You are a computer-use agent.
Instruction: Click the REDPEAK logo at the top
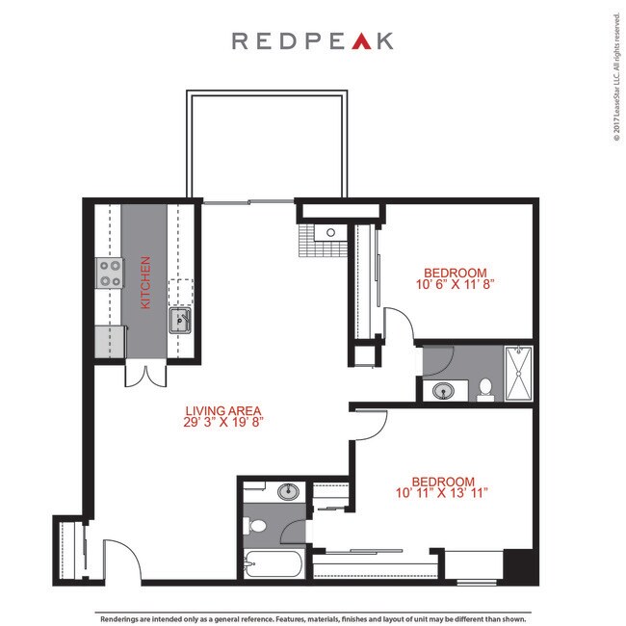[x=312, y=40]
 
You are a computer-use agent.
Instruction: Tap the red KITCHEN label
[x=146, y=282]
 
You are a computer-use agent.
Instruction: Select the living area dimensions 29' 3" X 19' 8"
[x=223, y=422]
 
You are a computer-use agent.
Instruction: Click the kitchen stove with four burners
[x=109, y=274]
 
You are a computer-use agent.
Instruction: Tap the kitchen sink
[x=180, y=321]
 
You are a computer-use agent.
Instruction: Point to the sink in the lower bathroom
[x=287, y=492]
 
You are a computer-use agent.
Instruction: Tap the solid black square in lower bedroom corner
[x=517, y=563]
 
